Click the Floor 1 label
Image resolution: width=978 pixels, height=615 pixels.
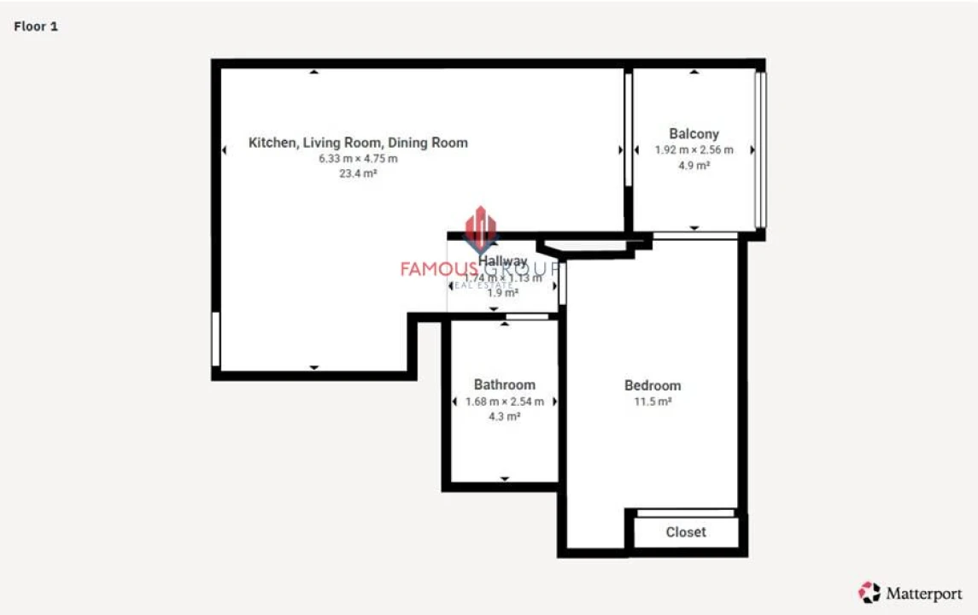36,26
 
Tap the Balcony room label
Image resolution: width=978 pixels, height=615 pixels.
694,134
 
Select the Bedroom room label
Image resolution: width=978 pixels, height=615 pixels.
653,386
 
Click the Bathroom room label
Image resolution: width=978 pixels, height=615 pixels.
505,385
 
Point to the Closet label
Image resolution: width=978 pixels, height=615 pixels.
686,532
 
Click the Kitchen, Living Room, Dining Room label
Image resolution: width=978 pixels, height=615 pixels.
358,143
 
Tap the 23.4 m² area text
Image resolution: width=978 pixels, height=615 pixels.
358,173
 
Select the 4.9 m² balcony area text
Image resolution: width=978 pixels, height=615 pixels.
694,166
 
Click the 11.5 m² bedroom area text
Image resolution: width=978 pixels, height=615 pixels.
653,401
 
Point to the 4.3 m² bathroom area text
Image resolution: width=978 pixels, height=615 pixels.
505,417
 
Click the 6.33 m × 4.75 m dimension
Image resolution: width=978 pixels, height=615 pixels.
358,159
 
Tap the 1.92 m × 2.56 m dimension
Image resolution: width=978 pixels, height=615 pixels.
694,150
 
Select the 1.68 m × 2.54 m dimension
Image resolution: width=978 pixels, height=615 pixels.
505,401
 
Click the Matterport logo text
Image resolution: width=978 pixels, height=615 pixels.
922,593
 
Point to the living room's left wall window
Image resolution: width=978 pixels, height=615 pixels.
216,339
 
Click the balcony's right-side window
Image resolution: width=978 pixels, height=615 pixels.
760,149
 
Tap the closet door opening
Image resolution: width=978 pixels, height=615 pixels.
686,512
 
